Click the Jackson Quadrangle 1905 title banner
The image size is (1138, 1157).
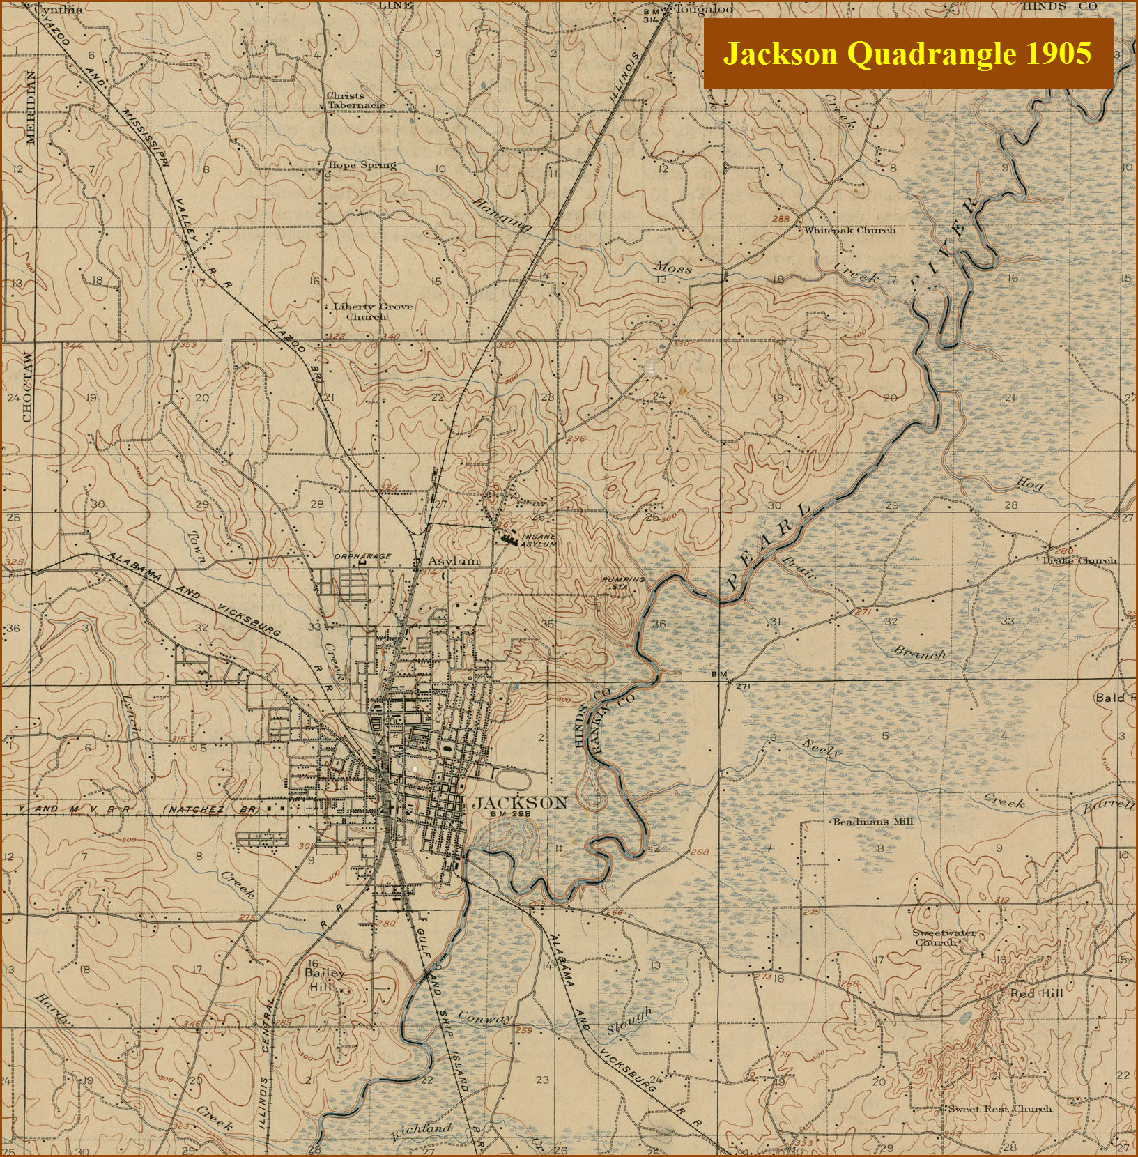(907, 54)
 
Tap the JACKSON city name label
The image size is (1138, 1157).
(520, 803)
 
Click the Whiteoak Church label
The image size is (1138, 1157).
(849, 230)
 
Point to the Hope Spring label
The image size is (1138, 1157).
(362, 165)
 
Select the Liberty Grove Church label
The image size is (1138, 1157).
(372, 311)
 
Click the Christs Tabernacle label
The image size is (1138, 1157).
(355, 100)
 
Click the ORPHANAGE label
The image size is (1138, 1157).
(362, 556)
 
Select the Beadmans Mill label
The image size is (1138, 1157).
(872, 822)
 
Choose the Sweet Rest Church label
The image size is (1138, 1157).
(999, 1108)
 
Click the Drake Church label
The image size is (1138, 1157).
(1079, 560)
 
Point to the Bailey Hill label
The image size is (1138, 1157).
(325, 979)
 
